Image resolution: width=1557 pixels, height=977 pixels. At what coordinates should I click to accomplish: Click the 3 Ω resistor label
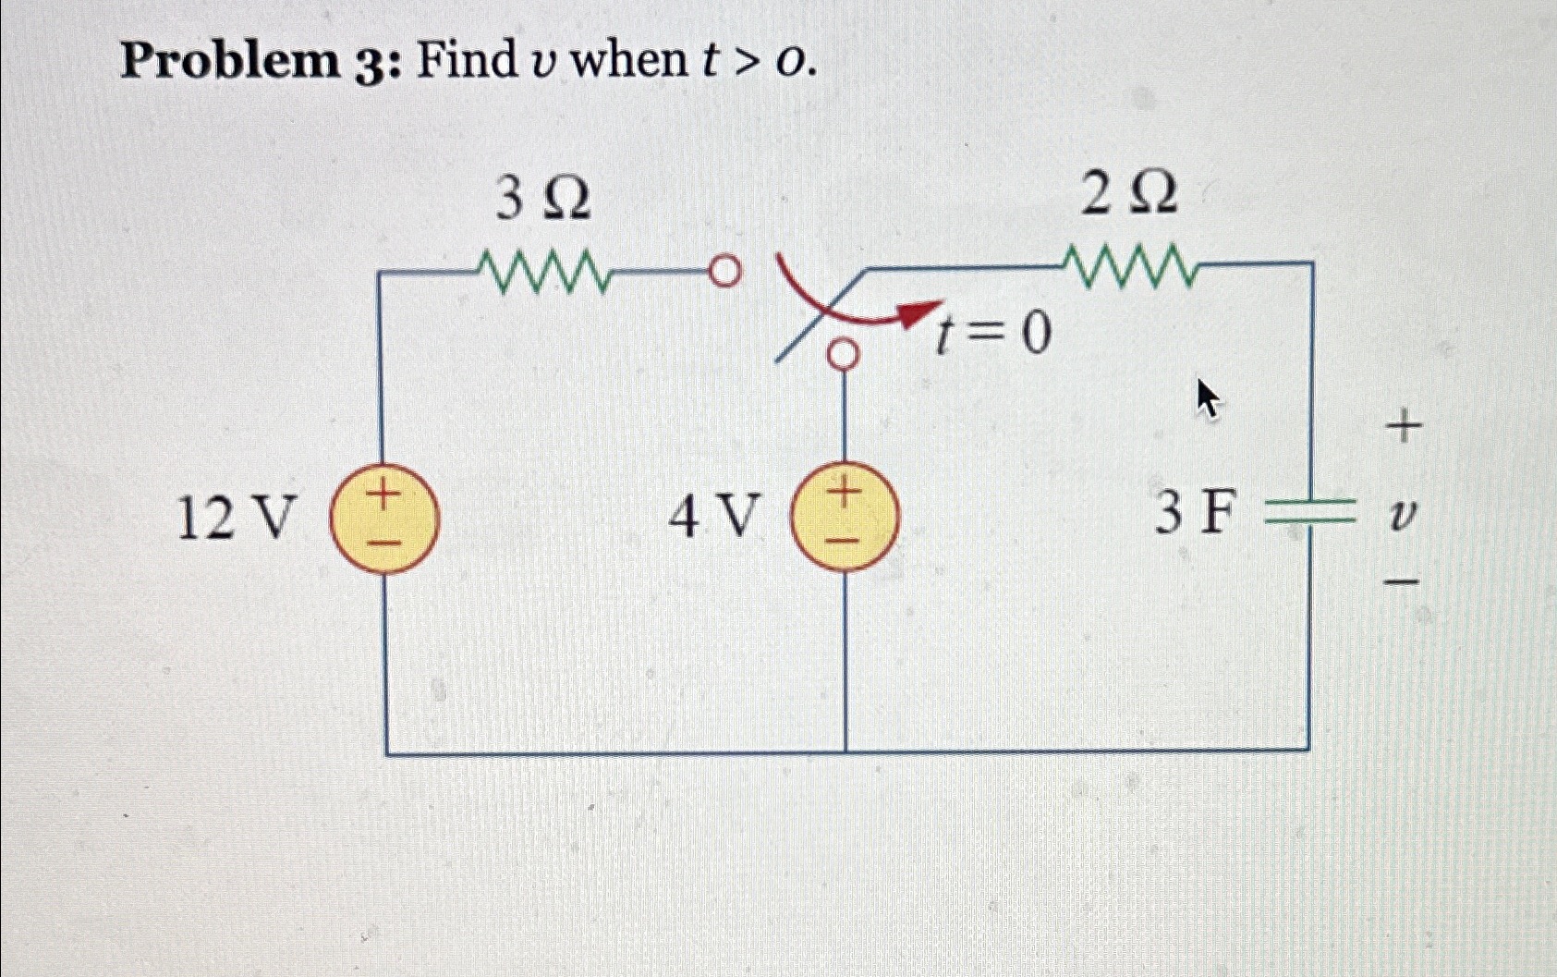click(x=543, y=199)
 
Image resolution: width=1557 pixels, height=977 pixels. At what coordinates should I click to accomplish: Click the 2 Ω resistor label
click(x=1128, y=195)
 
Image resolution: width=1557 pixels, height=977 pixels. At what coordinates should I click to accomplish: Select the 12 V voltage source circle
click(x=384, y=519)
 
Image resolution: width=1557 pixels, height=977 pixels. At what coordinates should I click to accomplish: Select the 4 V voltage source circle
click(x=845, y=518)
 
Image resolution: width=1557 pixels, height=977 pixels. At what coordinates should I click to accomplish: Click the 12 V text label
click(x=237, y=518)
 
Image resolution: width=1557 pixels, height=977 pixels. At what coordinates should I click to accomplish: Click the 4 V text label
click(x=712, y=516)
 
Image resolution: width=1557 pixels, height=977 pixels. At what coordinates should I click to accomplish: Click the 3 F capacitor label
click(x=1194, y=514)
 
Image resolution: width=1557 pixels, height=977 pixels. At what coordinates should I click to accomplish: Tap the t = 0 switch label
click(x=992, y=334)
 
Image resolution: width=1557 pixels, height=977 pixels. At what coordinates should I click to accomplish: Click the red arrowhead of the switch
click(x=921, y=313)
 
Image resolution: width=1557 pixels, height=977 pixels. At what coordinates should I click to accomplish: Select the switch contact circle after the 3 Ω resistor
click(x=725, y=271)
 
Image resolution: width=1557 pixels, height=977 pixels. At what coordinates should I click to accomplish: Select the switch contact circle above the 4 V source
click(x=842, y=354)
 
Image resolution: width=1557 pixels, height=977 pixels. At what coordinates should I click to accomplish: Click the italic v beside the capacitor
click(x=1403, y=514)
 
